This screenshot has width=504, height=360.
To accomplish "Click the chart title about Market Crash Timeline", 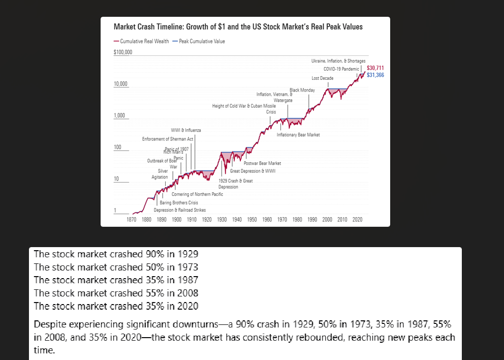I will pos(238,27).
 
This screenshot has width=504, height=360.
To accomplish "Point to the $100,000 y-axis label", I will pos(122,52).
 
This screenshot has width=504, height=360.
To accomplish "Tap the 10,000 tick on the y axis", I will pos(121,83).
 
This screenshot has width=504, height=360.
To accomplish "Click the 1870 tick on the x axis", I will pos(131,220).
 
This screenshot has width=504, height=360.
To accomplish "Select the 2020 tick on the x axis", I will pos(357,220).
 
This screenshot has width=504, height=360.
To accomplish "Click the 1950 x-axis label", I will pos(252,220).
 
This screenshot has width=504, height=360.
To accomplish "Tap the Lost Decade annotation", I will pos(322,78).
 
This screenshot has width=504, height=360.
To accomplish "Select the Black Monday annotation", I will pos(302,90).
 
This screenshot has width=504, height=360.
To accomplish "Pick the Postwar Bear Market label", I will pos(262,163).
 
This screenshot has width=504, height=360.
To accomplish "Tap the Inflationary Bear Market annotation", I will pos(298,135).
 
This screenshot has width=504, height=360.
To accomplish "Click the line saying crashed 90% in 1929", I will pos(116,254).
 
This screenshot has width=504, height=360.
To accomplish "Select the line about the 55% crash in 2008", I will pos(116,293).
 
